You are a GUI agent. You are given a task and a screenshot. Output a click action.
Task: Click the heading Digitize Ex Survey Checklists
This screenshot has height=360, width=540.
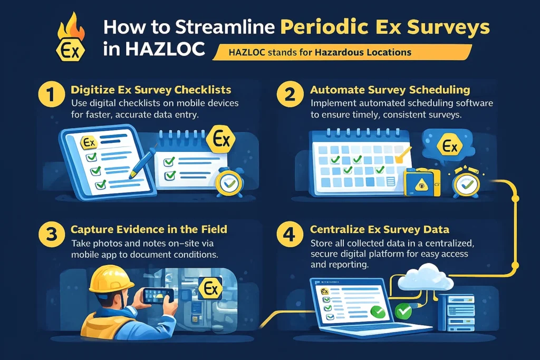click(x=151, y=90)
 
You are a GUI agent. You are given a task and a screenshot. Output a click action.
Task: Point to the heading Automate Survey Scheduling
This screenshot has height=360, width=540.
click(x=390, y=90)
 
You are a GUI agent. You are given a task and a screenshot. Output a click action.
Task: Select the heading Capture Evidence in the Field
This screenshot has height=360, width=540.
click(x=149, y=229)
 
